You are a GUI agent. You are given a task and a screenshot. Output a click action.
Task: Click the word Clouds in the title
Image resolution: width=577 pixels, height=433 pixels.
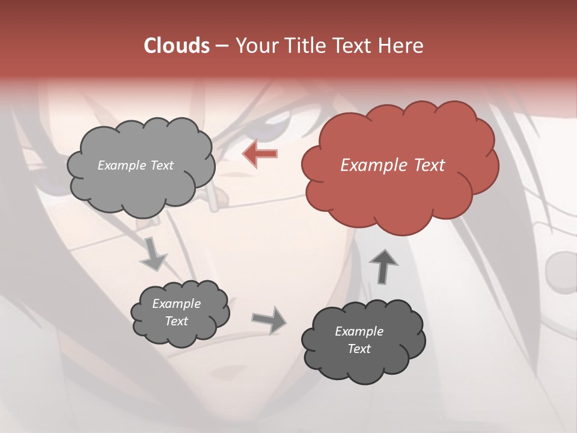(176, 46)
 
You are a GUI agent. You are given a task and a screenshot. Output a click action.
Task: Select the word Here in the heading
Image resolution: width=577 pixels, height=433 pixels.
(402, 46)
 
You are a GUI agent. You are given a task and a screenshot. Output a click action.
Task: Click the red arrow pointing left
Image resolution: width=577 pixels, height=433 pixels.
(260, 154)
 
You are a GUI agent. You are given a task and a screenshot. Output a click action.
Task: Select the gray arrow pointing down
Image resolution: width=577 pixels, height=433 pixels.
(153, 254)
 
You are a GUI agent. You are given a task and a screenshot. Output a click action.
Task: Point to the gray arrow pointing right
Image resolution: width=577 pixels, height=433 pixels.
(269, 319)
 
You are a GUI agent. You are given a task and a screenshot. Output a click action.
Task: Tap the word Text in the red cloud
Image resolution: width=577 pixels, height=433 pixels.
(429, 165)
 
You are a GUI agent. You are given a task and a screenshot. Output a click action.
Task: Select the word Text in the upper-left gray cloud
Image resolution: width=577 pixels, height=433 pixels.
(161, 165)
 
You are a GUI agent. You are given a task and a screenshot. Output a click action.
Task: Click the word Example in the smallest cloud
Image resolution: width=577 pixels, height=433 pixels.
(176, 304)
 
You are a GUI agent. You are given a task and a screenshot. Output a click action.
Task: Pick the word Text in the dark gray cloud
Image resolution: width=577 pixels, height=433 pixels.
(359, 349)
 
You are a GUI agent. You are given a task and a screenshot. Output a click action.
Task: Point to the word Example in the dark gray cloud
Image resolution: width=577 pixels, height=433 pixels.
(359, 331)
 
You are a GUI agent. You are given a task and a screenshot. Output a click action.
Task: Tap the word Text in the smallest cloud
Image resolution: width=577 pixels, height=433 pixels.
(176, 321)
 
